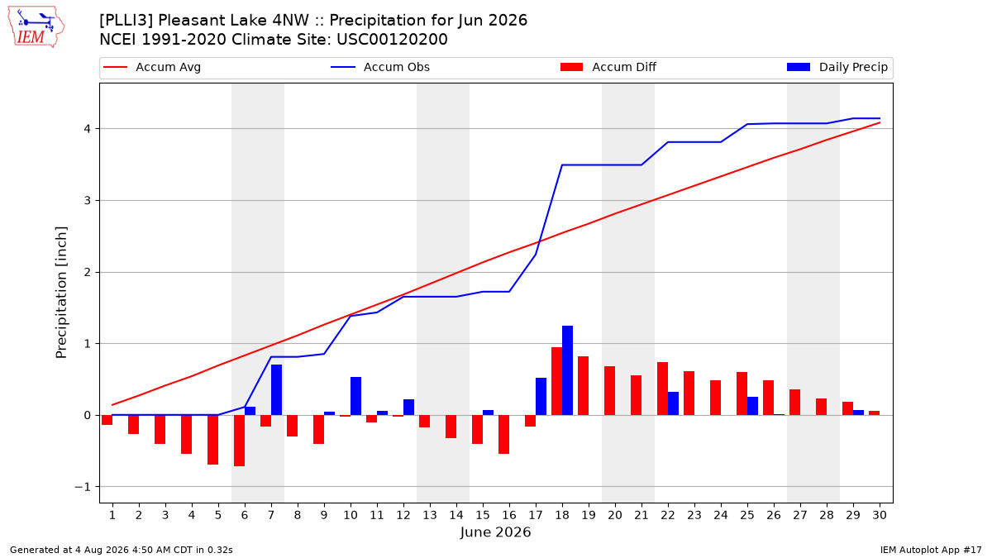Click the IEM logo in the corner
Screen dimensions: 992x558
(36, 27)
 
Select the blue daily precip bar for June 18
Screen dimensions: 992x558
(567, 370)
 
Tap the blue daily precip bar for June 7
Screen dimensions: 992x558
(276, 389)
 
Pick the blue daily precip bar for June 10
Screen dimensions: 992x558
(355, 396)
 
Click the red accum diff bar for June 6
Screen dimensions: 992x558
(239, 441)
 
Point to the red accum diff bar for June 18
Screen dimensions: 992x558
(556, 381)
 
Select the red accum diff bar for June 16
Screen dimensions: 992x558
(503, 435)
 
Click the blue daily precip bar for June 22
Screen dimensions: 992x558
(673, 403)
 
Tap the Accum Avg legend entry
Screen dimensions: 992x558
(152, 67)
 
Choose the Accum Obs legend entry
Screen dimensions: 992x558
(380, 67)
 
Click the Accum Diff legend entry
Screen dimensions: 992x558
(608, 67)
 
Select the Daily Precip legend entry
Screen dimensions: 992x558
(837, 67)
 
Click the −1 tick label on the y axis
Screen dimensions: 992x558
(82, 487)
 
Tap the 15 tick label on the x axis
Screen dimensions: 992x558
(483, 515)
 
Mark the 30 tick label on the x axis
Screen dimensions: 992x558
(880, 515)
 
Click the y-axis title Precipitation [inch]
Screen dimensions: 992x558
(61, 293)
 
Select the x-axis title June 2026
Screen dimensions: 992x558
(495, 532)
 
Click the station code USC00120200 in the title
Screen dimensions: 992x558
(392, 40)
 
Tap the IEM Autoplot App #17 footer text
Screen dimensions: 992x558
(931, 550)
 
